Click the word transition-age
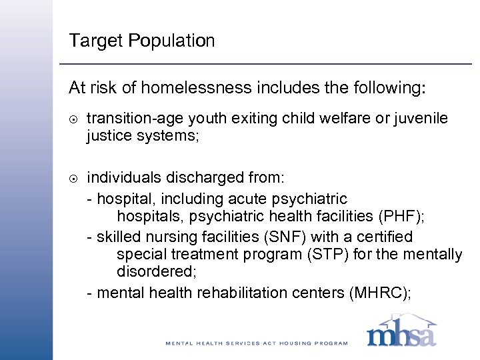click(x=129, y=119)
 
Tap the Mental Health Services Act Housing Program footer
click(x=257, y=343)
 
